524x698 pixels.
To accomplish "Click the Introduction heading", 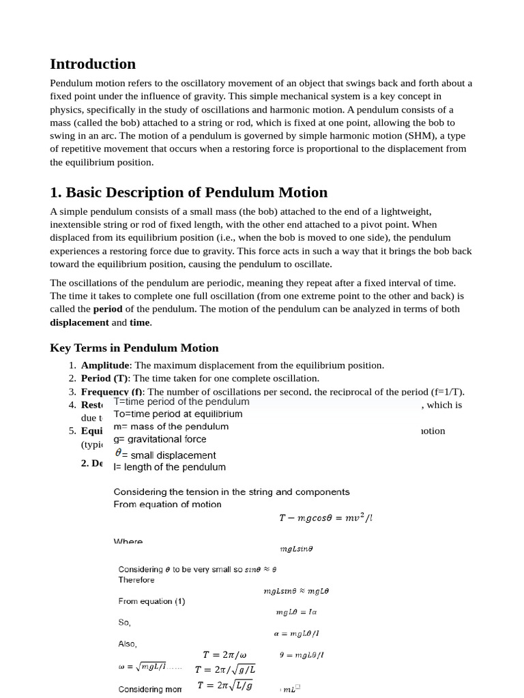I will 93,64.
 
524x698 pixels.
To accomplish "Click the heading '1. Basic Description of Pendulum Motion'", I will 188,192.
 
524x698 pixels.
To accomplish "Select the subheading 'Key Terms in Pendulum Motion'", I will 134,348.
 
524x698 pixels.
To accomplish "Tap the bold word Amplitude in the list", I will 105,365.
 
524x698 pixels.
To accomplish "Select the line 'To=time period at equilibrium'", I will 177,414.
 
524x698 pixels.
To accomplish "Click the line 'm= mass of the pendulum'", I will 171,427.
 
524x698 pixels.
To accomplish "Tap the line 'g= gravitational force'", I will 160,440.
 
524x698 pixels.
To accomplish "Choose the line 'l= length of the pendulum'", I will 169,468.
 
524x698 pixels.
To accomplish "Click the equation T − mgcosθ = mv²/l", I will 325,518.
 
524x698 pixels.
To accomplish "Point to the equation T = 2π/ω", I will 224,655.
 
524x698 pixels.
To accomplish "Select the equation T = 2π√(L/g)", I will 225,686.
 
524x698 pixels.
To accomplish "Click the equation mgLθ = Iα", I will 296,612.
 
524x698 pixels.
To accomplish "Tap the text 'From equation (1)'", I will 151,602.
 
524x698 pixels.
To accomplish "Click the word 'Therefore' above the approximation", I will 136,580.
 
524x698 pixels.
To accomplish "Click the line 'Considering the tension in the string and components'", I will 231,491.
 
